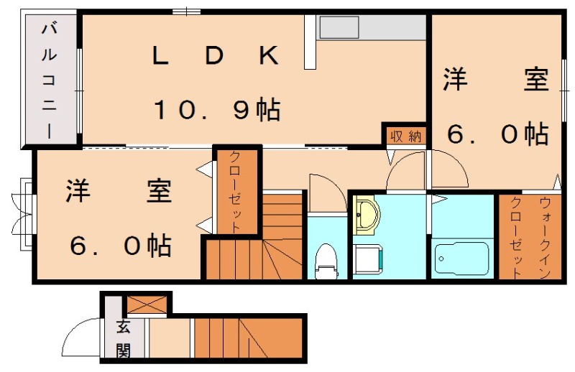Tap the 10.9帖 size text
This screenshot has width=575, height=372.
point(216,110)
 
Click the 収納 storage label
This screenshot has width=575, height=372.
point(405,136)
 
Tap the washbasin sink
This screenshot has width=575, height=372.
point(367,215)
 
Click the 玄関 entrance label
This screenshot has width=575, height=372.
point(124,339)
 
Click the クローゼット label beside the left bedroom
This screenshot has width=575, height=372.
point(236,188)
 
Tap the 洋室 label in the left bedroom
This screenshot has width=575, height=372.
point(119,192)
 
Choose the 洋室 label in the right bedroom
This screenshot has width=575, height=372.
point(495,80)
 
